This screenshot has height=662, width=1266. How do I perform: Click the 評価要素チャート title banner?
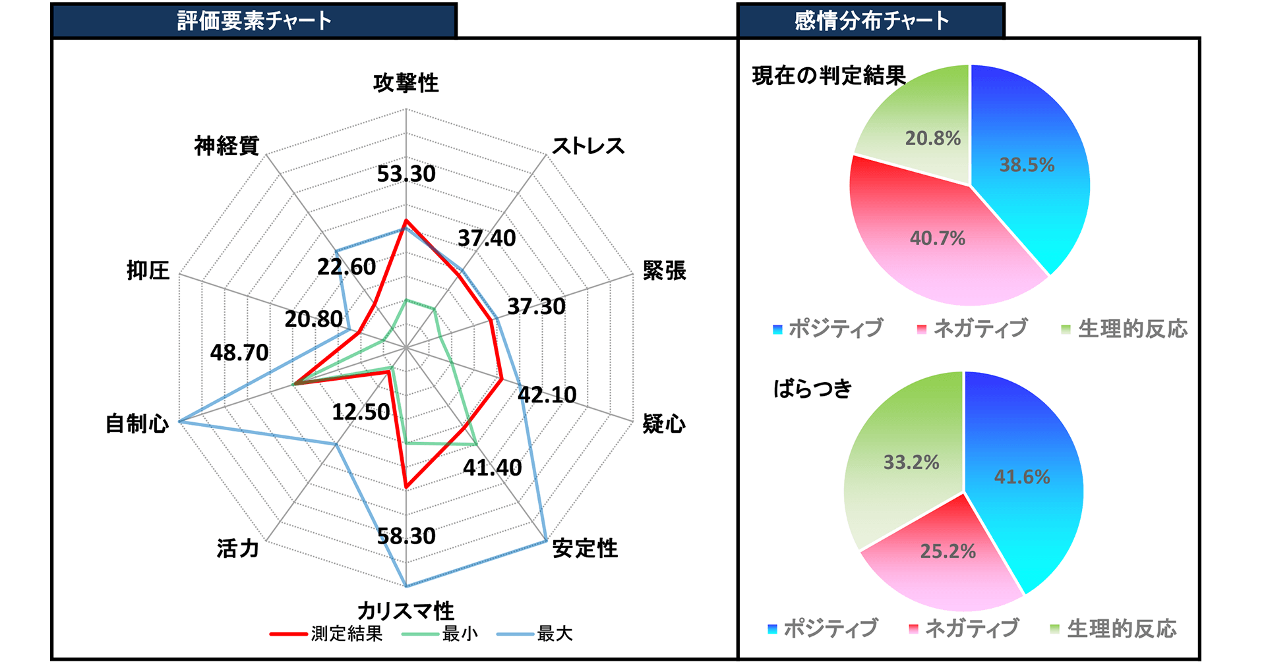(x=254, y=20)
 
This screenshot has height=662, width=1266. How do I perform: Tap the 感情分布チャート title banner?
(x=870, y=20)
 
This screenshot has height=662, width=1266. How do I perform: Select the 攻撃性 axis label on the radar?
(x=406, y=83)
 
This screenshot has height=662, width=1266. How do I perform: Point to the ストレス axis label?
(x=588, y=146)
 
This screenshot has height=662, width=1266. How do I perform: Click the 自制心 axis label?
(x=137, y=424)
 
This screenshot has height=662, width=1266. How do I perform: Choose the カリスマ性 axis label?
(x=406, y=610)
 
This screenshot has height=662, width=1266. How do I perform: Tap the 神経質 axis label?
(x=227, y=146)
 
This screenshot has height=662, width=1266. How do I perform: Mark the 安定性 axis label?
(x=585, y=548)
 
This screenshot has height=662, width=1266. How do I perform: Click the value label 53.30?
(x=406, y=174)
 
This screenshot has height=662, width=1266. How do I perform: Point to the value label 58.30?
(x=406, y=536)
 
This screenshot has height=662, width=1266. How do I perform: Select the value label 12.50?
(x=361, y=412)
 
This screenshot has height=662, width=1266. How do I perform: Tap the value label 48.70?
(x=239, y=353)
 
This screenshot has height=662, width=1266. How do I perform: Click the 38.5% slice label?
(x=1027, y=165)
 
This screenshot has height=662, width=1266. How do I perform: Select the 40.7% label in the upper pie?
(x=937, y=238)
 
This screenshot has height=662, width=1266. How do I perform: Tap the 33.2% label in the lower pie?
(x=911, y=462)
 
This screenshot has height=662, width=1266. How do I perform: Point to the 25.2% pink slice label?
(x=948, y=551)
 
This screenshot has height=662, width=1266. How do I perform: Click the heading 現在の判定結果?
(x=829, y=76)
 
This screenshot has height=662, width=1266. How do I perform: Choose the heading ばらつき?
(x=813, y=389)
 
